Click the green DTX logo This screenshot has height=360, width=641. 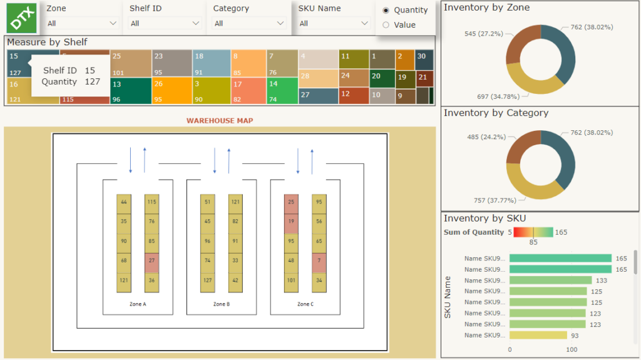[x=22, y=18]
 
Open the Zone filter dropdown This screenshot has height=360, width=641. [x=82, y=23]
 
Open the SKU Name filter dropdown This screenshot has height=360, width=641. [x=334, y=23]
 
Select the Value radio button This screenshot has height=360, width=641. [x=386, y=25]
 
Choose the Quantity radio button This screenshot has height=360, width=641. [x=386, y=10]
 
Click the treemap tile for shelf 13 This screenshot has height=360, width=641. [x=131, y=91]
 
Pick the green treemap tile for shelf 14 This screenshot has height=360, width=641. [x=282, y=91]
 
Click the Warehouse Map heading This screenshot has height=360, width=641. [x=220, y=121]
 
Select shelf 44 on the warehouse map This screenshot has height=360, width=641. [x=124, y=202]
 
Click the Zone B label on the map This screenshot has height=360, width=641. [x=220, y=304]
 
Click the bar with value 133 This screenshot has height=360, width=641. [x=550, y=280]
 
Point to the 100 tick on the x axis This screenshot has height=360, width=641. [x=571, y=349]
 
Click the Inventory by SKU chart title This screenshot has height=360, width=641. [x=485, y=219]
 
